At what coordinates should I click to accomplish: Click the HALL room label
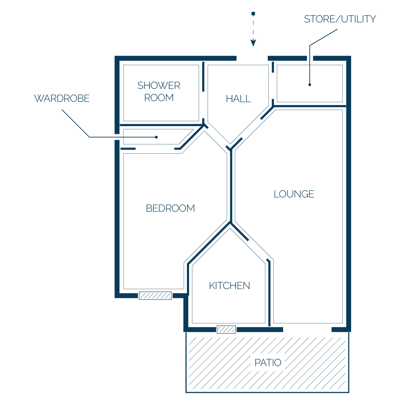238,99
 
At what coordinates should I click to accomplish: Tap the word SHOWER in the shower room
159,85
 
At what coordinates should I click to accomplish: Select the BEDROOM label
170,208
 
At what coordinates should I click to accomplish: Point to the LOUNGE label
294,194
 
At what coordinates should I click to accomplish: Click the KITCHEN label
229,286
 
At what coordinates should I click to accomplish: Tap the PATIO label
268,363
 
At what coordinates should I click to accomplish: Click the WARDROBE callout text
62,98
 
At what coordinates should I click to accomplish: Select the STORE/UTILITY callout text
340,19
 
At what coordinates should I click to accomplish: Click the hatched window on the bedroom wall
155,295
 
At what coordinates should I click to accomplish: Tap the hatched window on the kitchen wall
226,329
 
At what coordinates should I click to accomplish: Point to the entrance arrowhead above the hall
253,43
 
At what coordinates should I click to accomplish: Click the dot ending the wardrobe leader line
156,137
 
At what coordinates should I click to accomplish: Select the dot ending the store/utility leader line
310,85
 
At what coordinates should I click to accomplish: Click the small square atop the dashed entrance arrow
253,14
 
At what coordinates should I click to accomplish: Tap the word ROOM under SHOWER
159,98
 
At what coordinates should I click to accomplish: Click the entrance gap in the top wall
252,58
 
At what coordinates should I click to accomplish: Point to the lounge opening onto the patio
307,330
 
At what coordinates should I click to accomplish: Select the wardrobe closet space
143,137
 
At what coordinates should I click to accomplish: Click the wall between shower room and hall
203,76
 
